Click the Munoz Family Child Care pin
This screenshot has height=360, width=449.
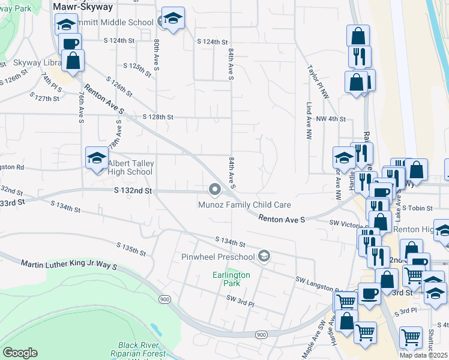click(215, 190)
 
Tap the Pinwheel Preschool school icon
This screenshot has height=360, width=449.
click(263, 257)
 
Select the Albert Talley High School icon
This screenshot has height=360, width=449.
click(95, 158)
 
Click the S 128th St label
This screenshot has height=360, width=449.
click(158, 118)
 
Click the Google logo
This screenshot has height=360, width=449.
click(20, 353)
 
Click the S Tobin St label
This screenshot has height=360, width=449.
click(417, 208)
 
